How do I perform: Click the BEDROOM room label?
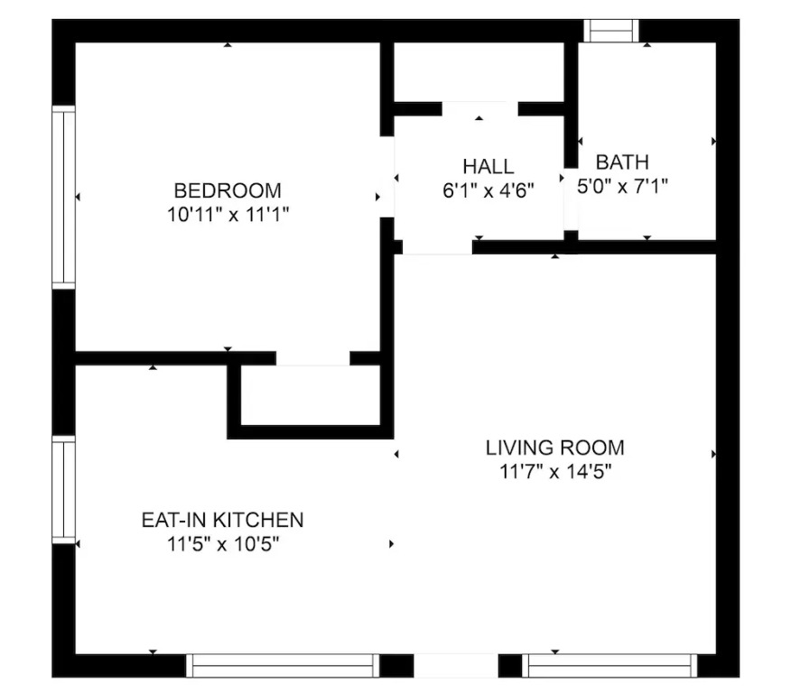(x=228, y=191)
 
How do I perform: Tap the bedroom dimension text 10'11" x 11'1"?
(x=228, y=215)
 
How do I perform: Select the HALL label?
(x=489, y=166)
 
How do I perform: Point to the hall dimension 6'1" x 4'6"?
(x=489, y=190)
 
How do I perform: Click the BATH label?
(x=622, y=162)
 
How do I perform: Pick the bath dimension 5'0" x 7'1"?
(x=622, y=187)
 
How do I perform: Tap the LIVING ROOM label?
(x=555, y=448)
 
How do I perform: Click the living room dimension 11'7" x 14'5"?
(x=555, y=472)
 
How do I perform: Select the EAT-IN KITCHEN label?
(x=222, y=520)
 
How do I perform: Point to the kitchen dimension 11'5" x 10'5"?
(x=222, y=544)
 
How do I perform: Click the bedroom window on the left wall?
(x=63, y=198)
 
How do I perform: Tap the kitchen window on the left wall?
(x=63, y=490)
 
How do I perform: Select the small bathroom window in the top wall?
(x=611, y=31)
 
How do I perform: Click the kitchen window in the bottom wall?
(x=283, y=666)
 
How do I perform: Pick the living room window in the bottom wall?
(x=610, y=666)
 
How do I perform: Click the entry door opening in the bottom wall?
(x=456, y=666)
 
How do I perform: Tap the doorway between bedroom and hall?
(x=387, y=177)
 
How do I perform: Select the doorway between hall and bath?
(x=571, y=199)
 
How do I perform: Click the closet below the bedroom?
(x=311, y=395)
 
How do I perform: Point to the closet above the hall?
(x=479, y=72)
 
